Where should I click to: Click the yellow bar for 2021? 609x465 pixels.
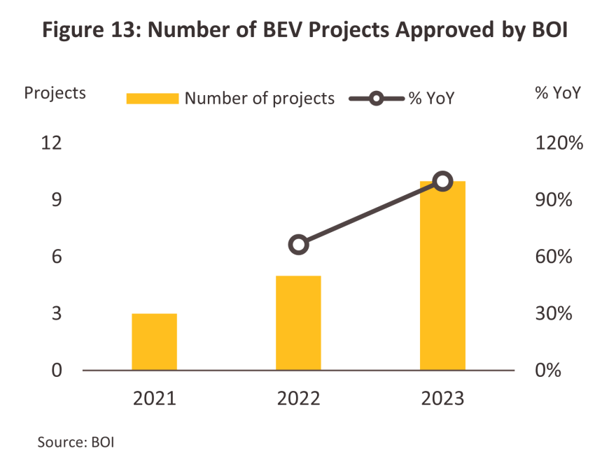(x=154, y=341)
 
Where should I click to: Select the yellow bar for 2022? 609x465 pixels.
(x=298, y=322)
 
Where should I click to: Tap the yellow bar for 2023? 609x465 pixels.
(x=442, y=275)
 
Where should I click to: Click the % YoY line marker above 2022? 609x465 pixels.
(x=299, y=244)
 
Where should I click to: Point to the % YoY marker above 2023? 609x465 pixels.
(x=442, y=182)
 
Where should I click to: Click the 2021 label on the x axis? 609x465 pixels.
(x=154, y=399)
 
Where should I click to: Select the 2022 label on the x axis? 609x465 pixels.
(x=298, y=399)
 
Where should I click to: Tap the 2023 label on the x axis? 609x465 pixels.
(x=442, y=399)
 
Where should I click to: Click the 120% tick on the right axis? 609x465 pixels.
(x=559, y=143)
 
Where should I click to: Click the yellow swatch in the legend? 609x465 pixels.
(x=152, y=99)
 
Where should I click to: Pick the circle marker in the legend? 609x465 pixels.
(x=376, y=99)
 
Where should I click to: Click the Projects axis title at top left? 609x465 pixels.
(x=55, y=92)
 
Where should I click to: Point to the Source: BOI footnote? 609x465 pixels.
(x=76, y=442)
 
